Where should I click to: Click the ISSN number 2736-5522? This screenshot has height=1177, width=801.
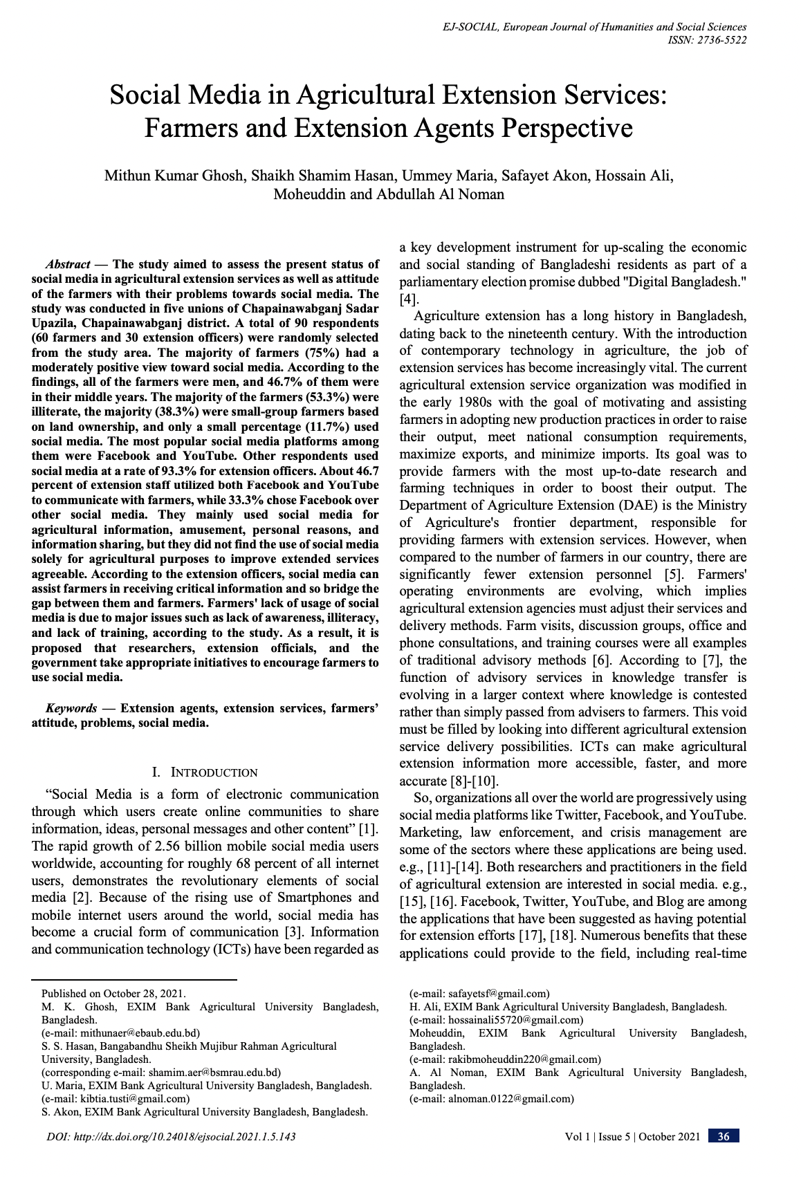click(719, 40)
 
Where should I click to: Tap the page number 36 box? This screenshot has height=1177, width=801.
click(723, 1136)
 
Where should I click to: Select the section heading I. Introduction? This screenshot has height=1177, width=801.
click(204, 772)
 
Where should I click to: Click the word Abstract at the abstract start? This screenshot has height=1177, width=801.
click(68, 264)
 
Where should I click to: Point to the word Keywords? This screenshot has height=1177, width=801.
click(71, 708)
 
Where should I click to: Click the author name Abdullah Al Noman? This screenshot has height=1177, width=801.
click(440, 194)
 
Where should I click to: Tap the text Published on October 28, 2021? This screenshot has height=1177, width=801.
click(113, 994)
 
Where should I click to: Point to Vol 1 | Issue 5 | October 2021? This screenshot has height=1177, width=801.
click(632, 1136)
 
